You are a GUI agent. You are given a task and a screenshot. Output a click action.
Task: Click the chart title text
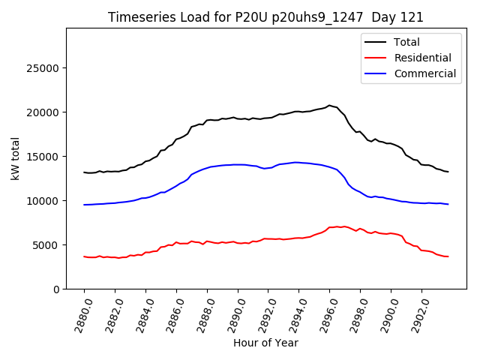point(265,17)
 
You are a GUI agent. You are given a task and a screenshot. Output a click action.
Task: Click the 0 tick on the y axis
point(56,289)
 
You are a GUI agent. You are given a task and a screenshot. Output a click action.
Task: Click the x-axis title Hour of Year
point(265,343)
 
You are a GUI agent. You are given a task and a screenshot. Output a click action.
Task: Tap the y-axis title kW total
point(15,159)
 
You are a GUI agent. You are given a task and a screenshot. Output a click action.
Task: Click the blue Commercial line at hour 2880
point(85,205)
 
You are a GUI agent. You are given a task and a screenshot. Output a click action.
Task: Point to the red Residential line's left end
point(85,256)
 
